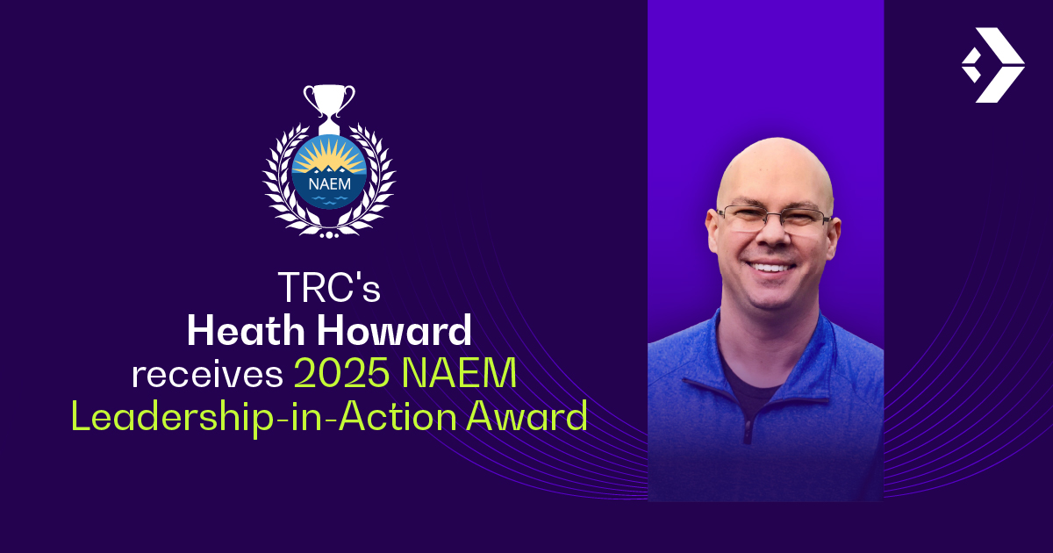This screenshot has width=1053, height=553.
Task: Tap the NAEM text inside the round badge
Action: (330, 183)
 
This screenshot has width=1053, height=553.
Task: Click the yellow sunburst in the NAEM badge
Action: (329, 156)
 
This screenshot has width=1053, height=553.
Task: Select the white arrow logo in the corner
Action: (992, 65)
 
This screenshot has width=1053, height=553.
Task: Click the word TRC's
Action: (329, 287)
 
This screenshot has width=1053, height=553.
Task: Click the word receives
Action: (207, 375)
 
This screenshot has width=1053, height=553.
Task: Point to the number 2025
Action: (341, 373)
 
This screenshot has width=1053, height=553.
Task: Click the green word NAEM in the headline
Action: (459, 373)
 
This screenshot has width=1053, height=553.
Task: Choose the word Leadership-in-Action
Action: (264, 416)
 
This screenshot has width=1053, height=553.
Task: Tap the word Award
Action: (527, 416)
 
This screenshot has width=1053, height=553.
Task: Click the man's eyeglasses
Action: (774, 219)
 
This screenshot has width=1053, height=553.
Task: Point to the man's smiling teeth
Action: (771, 268)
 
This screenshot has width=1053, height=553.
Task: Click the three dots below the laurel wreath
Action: (329, 234)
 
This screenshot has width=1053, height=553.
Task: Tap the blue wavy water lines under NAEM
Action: (330, 200)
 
